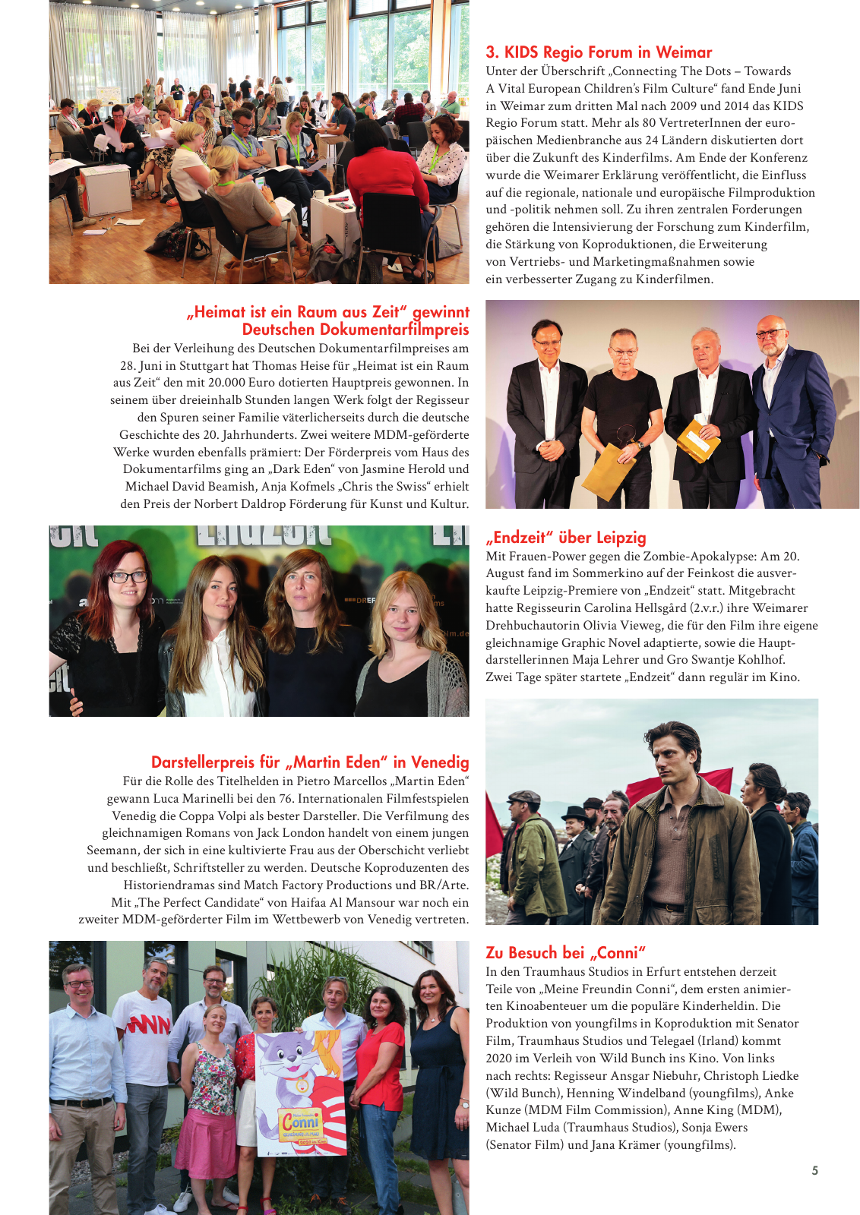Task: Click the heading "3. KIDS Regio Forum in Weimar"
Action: (599, 52)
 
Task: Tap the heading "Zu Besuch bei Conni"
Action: (565, 953)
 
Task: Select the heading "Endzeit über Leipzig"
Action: (565, 538)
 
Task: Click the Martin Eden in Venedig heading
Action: (310, 762)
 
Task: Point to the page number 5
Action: (814, 1170)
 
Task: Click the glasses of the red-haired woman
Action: (128, 577)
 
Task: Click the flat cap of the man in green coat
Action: (524, 797)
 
